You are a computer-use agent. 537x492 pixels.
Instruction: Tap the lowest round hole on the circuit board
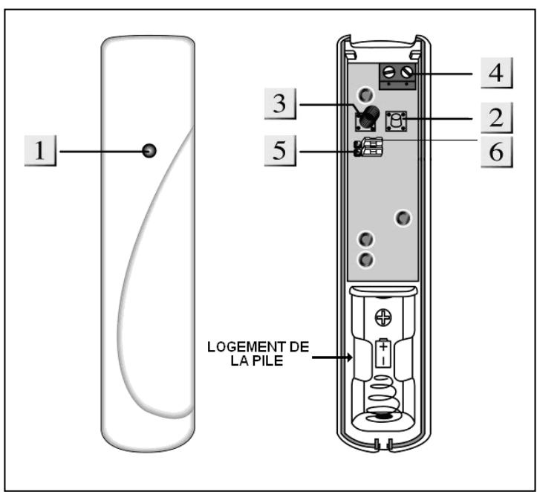365,259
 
